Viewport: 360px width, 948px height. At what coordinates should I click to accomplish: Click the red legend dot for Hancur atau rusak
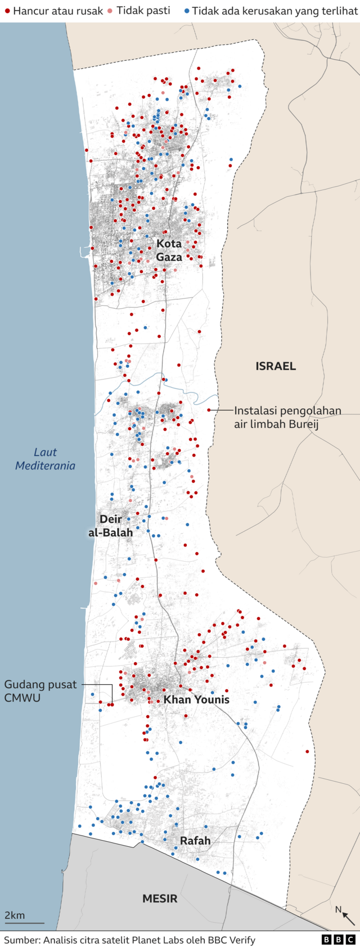(x=7, y=11)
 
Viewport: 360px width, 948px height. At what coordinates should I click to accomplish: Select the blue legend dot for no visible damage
(x=186, y=11)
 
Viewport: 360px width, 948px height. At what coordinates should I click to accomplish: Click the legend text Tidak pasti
(x=143, y=11)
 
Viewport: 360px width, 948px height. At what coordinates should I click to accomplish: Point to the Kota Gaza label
(x=169, y=250)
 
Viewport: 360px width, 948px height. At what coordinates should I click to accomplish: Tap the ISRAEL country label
(x=276, y=366)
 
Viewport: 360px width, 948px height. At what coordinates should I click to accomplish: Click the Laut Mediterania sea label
(x=45, y=459)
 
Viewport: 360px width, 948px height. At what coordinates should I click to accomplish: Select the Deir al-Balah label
(x=111, y=526)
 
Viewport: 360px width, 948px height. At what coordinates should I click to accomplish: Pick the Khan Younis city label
(x=196, y=699)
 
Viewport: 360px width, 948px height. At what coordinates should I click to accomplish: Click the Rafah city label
(x=195, y=841)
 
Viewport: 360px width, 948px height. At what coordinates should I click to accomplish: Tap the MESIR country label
(x=160, y=899)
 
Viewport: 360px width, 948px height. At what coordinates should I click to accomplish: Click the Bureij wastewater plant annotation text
(x=287, y=417)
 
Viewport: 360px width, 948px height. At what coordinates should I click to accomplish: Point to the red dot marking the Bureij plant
(x=209, y=410)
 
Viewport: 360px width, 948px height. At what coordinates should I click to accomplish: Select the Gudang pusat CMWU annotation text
(x=40, y=691)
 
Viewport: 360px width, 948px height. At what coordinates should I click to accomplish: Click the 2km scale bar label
(x=15, y=915)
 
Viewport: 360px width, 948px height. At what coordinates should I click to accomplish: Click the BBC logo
(x=338, y=940)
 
